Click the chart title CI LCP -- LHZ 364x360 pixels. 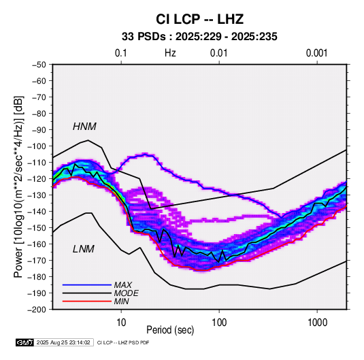tap(199, 19)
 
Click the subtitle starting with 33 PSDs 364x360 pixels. tap(199, 37)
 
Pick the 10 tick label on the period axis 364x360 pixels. tap(121, 322)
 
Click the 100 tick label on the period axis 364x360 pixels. tap(219, 322)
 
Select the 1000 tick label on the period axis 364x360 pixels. tap(317, 322)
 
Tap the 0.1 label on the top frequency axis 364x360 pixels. tap(121, 53)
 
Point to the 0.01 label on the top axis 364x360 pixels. tap(218, 53)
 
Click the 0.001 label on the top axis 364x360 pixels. tap(316, 53)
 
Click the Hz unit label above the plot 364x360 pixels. tap(170, 53)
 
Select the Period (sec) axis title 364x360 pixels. tap(170, 330)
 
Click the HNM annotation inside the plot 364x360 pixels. tap(84, 127)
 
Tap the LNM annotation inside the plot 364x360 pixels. tap(84, 249)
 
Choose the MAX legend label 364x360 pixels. tap(123, 285)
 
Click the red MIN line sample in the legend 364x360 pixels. tap(87, 301)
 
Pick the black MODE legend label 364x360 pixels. tap(127, 293)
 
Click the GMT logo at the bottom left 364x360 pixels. tap(25, 342)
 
